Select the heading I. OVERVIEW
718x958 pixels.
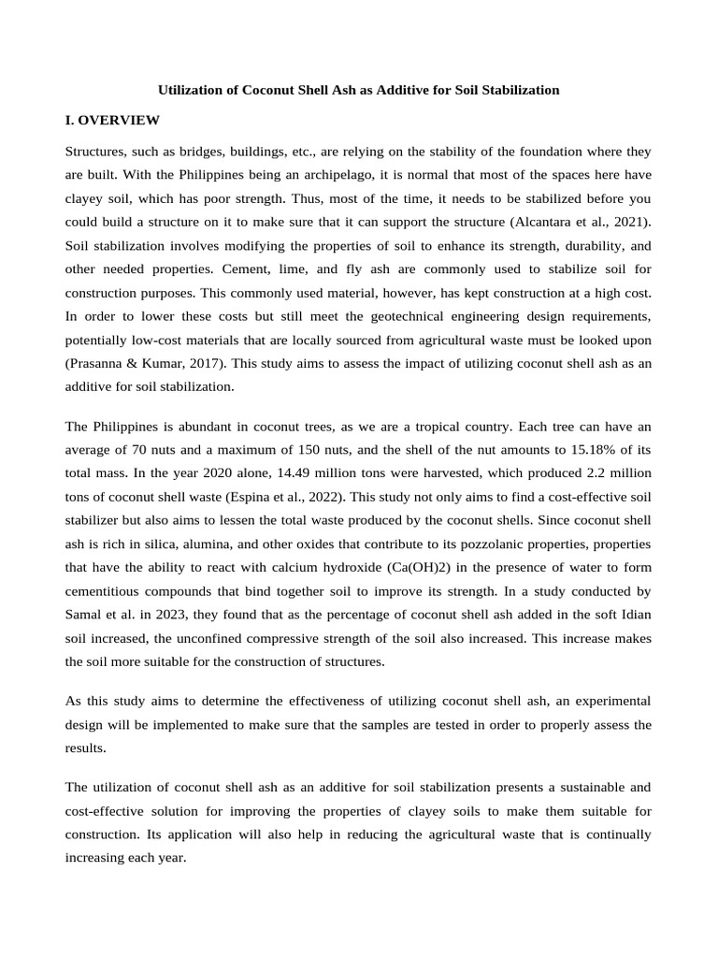(x=112, y=121)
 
